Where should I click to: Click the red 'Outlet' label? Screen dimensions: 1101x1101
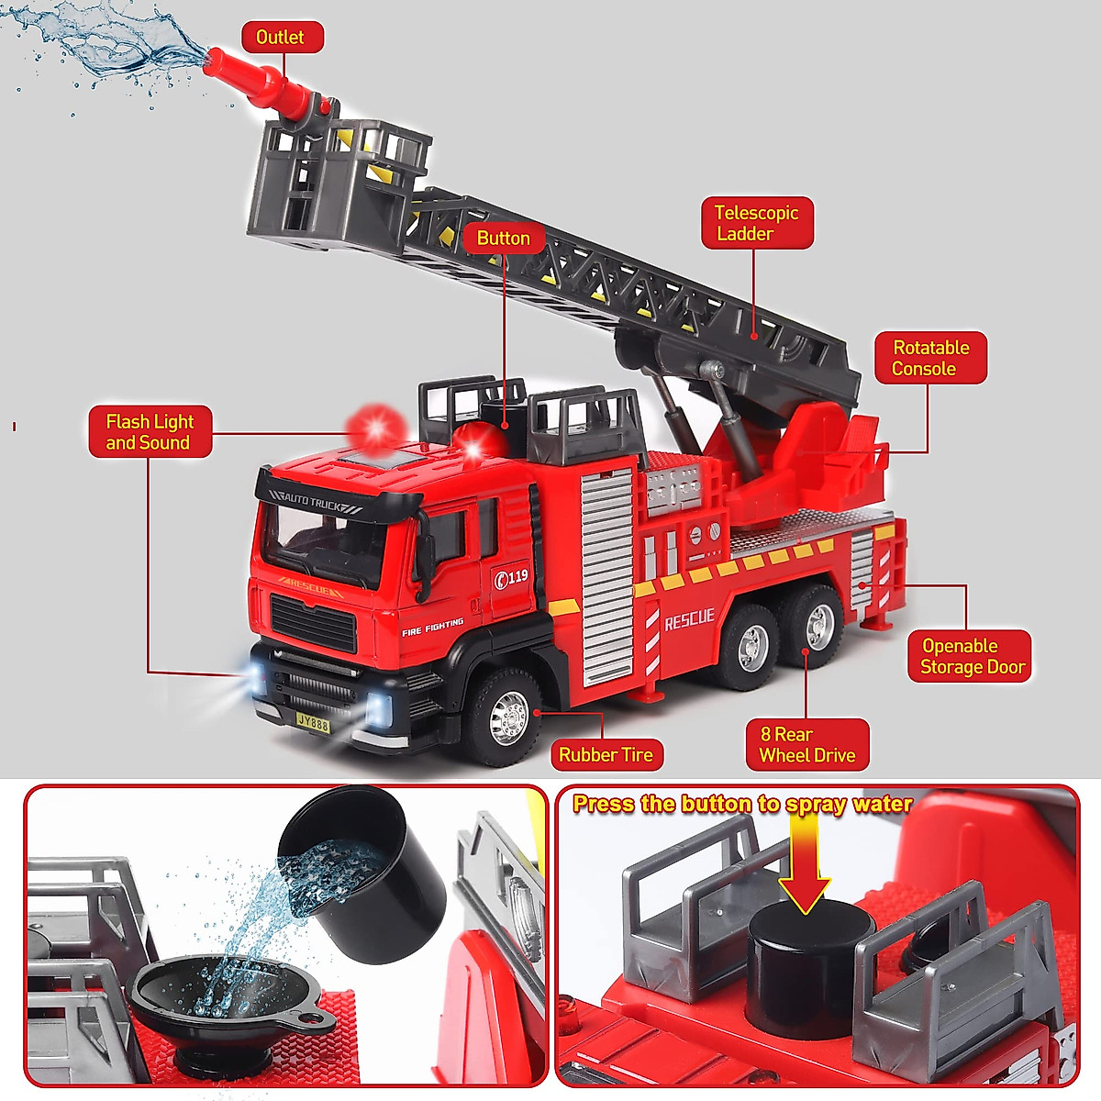coord(282,38)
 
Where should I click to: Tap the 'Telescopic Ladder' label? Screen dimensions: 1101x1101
coord(757,223)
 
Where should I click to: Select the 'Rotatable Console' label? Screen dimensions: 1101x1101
coord(929,358)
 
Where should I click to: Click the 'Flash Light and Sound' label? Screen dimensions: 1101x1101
coord(150,432)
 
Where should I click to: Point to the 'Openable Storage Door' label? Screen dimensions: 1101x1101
coord(970,656)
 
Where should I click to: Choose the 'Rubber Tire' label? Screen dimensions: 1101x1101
coord(606,755)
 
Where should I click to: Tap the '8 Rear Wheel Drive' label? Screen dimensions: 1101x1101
coord(806,745)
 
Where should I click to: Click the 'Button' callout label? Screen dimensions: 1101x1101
coord(503,239)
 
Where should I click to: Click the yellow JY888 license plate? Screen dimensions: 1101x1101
coord(313,723)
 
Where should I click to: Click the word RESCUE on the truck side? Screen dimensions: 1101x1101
coord(689,619)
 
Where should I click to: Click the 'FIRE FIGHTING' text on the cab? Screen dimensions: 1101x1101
coord(433,628)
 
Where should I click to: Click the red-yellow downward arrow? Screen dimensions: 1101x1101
coord(805,862)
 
